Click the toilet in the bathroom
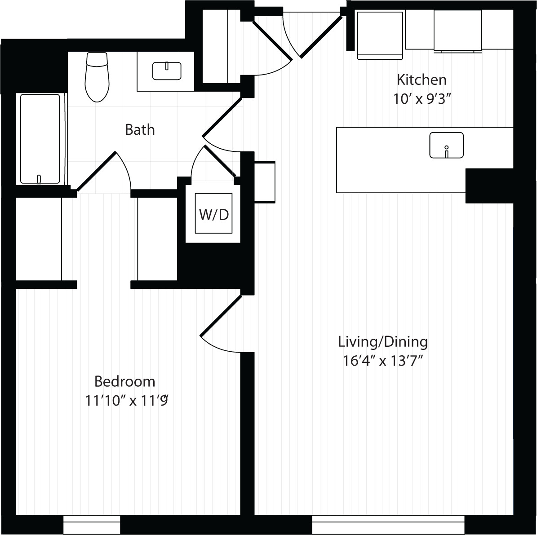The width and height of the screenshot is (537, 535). point(97,76)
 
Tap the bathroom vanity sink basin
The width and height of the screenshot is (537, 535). point(167,71)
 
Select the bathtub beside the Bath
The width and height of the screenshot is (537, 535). point(40,139)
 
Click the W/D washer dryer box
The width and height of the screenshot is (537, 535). point(213,213)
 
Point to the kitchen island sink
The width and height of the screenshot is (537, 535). point(446,145)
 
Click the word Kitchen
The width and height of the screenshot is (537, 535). point(421,80)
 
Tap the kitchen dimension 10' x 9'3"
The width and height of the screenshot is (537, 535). point(421,99)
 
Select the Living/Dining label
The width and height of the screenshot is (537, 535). point(383,342)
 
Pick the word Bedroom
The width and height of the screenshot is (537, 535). point(124,381)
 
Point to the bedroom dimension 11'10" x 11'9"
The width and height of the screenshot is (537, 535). point(127,400)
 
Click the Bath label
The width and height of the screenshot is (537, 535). point(140,130)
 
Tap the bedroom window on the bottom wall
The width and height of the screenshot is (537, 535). point(92,525)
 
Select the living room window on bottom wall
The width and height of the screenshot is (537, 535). point(388,525)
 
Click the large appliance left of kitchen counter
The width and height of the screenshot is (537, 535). point(380,35)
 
